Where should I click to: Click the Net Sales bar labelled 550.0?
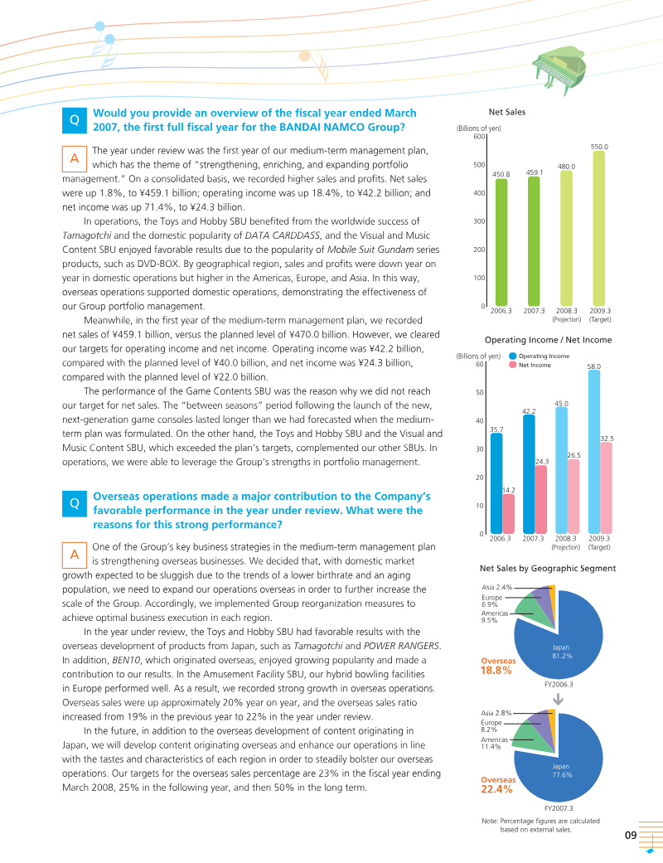pos(599,228)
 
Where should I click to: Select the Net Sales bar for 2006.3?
pos(501,242)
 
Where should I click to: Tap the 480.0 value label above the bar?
pos(567,166)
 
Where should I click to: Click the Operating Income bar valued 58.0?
pos(593,452)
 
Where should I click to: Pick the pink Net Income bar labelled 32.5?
pos(606,487)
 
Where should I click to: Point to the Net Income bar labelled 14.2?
pos(509,514)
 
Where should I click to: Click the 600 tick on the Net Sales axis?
pos(479,137)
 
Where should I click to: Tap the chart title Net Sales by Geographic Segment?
pos(548,568)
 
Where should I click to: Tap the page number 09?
pos(631,835)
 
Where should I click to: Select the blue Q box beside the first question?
pos(75,120)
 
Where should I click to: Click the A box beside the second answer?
pos(75,554)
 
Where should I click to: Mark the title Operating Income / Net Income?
pos(548,340)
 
